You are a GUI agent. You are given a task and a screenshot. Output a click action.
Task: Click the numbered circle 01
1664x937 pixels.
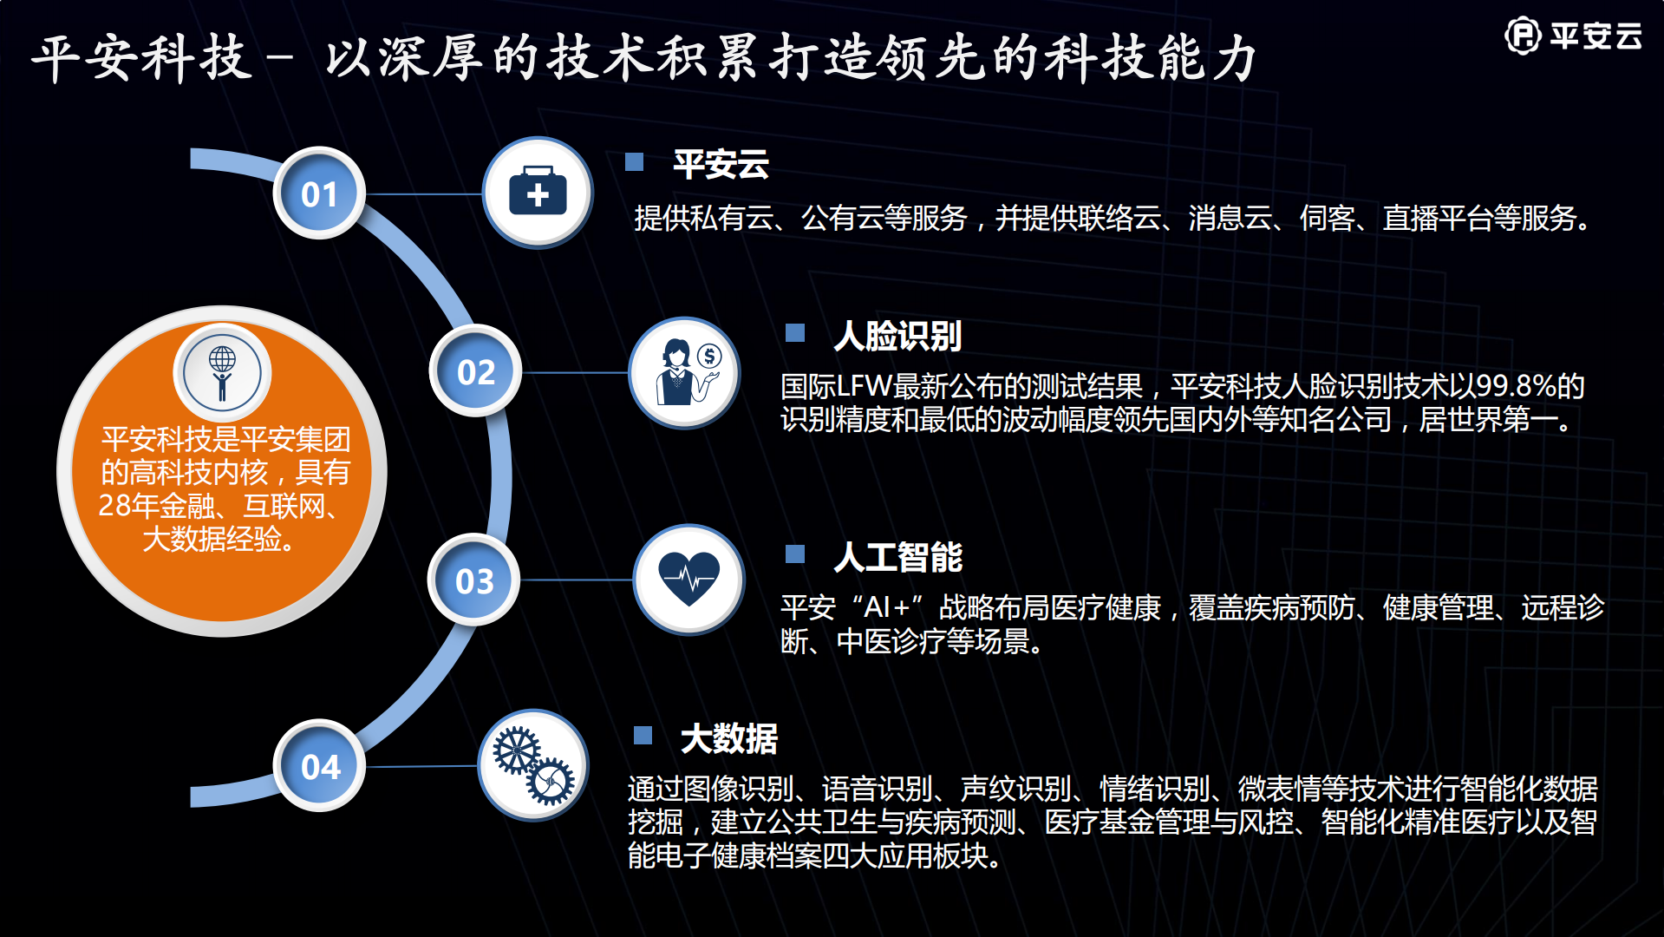[319, 193]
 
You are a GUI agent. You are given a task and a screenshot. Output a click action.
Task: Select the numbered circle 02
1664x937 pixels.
[475, 371]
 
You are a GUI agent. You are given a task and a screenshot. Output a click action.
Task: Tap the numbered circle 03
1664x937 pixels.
[474, 580]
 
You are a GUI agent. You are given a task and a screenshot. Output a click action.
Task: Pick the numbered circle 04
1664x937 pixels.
[320, 766]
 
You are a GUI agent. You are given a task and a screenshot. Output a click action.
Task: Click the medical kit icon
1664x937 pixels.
[538, 193]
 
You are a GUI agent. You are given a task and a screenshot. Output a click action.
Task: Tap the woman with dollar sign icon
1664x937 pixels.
[685, 373]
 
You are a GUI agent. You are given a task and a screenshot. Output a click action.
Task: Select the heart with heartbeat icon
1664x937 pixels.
[688, 580]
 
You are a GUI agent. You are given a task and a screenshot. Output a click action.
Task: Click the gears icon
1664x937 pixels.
[533, 765]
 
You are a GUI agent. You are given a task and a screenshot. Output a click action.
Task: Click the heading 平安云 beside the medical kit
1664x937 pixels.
[721, 164]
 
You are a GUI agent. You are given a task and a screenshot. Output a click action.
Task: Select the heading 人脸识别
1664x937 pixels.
[897, 336]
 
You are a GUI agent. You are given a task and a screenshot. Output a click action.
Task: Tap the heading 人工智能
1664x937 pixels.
[897, 557]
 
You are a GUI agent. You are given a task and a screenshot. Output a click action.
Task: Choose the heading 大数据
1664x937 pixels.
[728, 738]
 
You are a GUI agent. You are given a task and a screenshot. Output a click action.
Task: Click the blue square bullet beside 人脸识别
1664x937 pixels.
[795, 333]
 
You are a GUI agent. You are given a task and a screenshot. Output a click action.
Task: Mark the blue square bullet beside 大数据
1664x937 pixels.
[643, 736]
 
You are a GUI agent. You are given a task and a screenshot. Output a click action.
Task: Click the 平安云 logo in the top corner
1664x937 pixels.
[1573, 36]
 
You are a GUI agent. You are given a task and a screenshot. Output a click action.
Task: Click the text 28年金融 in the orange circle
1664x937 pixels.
[156, 505]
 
